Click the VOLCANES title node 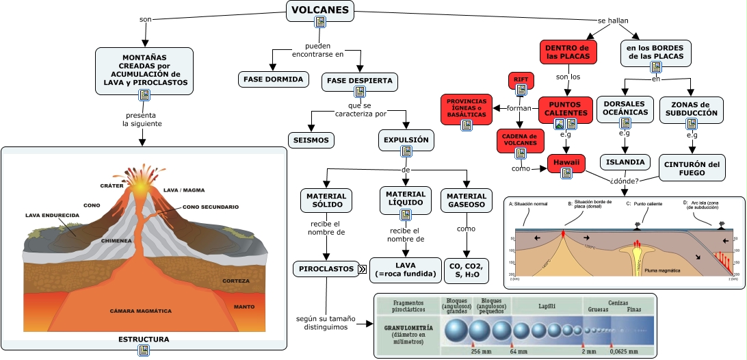pyautogui.click(x=320, y=10)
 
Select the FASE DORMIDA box pyautogui.click(x=273, y=79)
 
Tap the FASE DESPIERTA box pyautogui.click(x=360, y=81)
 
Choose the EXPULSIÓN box pyautogui.click(x=406, y=140)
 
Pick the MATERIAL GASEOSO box pyautogui.click(x=466, y=200)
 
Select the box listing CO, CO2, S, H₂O pyautogui.click(x=466, y=270)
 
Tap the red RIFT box pyautogui.click(x=520, y=80)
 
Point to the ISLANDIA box pyautogui.click(x=625, y=162)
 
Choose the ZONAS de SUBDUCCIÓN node pyautogui.click(x=692, y=108)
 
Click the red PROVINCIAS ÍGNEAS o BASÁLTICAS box pyautogui.click(x=467, y=108)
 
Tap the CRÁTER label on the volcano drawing pyautogui.click(x=111, y=185)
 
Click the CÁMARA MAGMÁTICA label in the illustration pyautogui.click(x=141, y=311)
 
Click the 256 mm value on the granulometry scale pyautogui.click(x=482, y=352)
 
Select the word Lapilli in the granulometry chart pyautogui.click(x=547, y=302)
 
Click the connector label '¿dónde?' pyautogui.click(x=624, y=181)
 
